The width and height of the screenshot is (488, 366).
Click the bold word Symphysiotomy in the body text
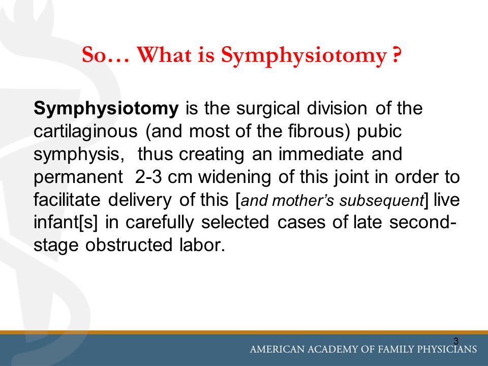106,109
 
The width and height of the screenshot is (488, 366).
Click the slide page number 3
455,341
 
